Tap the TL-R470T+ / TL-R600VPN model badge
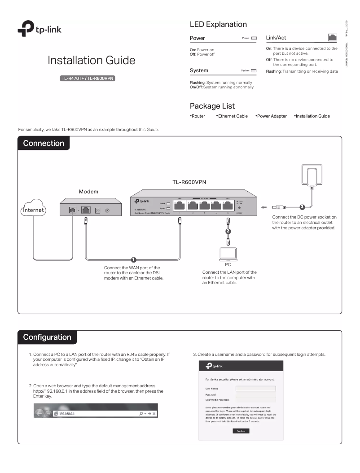pyautogui.click(x=91, y=79)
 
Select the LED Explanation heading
pyautogui.click(x=218, y=24)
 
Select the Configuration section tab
pyautogui.click(x=47, y=337)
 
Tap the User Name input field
pyautogui.click(x=255, y=388)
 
